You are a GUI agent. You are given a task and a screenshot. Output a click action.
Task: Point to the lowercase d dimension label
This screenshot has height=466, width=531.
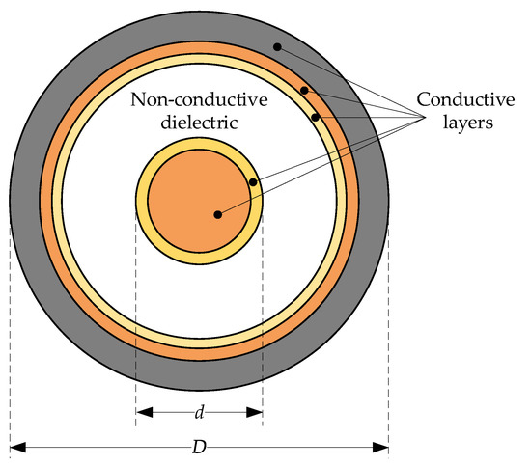pos(199,413)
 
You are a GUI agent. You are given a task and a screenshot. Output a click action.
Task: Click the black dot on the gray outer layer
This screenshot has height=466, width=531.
pos(276,46)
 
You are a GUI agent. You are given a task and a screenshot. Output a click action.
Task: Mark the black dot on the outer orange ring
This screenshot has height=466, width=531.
pos(303,90)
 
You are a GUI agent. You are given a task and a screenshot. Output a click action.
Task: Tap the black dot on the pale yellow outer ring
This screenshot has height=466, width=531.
pos(316,118)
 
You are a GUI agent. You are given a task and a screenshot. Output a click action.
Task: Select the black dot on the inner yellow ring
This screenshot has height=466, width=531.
pos(253,181)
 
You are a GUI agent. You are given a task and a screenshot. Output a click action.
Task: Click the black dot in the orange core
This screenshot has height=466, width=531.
pos(218,214)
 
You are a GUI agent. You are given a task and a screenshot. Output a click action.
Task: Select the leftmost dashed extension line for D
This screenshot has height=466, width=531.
pos(10,338)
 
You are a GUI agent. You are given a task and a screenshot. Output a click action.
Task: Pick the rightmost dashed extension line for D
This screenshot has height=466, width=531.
pos(389,338)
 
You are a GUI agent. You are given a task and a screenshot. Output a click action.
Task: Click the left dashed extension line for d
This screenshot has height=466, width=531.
pos(136,318)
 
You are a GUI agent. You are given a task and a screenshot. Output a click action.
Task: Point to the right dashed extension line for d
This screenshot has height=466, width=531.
pos(263,318)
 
